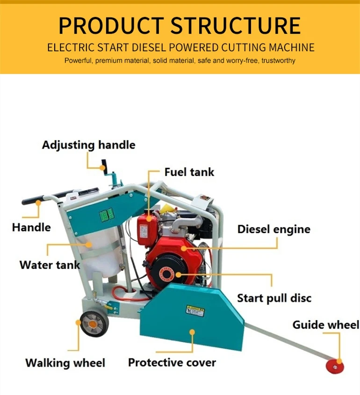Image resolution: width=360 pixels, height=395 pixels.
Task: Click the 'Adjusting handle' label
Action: [88, 145]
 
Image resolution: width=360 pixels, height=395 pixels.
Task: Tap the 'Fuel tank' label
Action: [189, 172]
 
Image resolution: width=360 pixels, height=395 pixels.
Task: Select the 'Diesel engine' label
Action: [274, 229]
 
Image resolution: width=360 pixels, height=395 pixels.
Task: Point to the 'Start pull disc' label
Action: [274, 298]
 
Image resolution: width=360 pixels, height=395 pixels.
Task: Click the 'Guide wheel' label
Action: [326, 325]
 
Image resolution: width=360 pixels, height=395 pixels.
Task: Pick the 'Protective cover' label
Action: [172, 362]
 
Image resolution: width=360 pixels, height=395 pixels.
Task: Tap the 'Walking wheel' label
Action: [65, 363]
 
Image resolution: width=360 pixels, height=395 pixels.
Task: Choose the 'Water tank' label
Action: [50, 265]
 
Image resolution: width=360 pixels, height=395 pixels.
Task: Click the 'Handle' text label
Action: [31, 228]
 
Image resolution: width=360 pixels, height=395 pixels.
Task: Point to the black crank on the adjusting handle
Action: [104, 165]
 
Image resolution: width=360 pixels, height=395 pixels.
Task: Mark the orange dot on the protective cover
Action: [191, 332]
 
